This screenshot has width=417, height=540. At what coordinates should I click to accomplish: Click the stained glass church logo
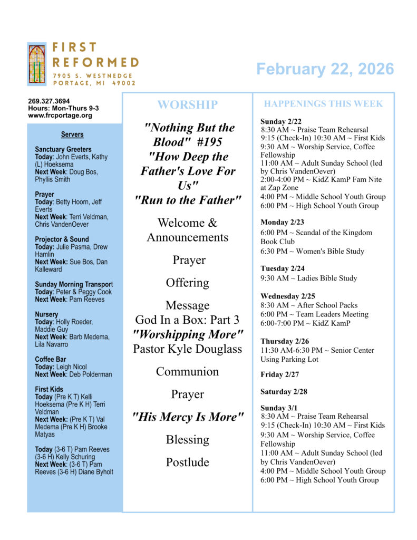[37, 63]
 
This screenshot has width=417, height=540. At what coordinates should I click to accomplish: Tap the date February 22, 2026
[325, 69]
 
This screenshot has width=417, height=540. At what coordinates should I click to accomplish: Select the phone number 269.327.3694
[49, 101]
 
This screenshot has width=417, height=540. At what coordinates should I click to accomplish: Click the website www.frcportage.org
[60, 115]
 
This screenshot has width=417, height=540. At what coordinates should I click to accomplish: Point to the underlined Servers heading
[72, 134]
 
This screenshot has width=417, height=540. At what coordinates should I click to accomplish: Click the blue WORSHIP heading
[187, 105]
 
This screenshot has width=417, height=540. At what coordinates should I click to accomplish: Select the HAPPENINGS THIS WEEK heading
[323, 104]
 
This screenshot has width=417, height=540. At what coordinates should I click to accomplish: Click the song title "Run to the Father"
[187, 200]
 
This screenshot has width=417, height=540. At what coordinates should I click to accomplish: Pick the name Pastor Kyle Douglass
[187, 349]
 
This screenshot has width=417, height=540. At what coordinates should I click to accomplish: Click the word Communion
[187, 371]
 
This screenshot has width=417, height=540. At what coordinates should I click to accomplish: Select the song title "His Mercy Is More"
[187, 417]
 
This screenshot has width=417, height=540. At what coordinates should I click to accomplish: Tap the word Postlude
[187, 462]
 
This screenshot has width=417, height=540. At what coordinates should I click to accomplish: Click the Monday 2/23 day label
[282, 223]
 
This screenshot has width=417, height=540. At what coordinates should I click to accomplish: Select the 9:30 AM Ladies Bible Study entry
[308, 278]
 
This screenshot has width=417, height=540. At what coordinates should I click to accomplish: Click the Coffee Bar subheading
[50, 360]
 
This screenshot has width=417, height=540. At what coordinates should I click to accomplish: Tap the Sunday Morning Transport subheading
[73, 285]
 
